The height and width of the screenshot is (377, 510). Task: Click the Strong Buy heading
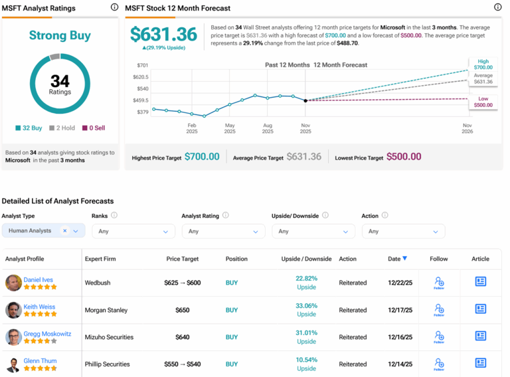pyautogui.click(x=60, y=35)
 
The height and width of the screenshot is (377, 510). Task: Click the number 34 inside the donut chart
pyautogui.click(x=60, y=80)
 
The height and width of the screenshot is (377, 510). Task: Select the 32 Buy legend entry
pyautogui.click(x=29, y=128)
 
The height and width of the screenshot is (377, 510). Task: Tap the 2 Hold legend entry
pyautogui.click(x=62, y=128)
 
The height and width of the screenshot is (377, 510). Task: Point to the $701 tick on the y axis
pyautogui.click(x=141, y=66)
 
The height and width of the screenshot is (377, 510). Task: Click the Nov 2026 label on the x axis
pyautogui.click(x=467, y=128)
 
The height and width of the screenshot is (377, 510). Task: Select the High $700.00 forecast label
pyautogui.click(x=483, y=64)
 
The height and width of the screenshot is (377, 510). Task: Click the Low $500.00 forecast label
pyautogui.click(x=483, y=102)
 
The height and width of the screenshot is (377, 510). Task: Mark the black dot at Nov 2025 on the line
pyautogui.click(x=305, y=100)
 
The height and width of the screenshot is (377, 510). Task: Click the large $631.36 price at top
pyautogui.click(x=163, y=35)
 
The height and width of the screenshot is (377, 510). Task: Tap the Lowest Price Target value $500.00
pyautogui.click(x=404, y=157)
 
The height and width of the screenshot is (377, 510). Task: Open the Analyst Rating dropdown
pyautogui.click(x=222, y=231)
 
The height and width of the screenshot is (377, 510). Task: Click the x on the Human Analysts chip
pyautogui.click(x=65, y=231)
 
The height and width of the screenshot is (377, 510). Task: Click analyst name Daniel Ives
pyautogui.click(x=39, y=280)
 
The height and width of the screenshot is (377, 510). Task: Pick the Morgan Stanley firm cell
pyautogui.click(x=106, y=310)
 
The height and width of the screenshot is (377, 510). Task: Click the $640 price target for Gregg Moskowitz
pyautogui.click(x=183, y=337)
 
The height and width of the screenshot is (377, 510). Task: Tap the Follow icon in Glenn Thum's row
pyautogui.click(x=438, y=364)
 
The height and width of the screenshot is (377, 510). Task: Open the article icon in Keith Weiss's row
pyautogui.click(x=481, y=309)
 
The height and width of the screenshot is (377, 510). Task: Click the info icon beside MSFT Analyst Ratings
pyautogui.click(x=114, y=7)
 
